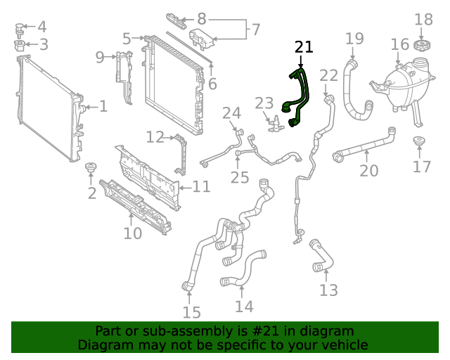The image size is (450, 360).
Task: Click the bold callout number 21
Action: tap(303, 47)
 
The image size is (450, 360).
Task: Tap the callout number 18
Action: tap(423, 20)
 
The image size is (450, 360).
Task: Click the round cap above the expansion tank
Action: tap(423, 46)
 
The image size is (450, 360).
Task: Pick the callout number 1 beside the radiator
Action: tap(103, 107)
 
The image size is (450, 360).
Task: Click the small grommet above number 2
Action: tap(90, 168)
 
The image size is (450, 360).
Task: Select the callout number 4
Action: tap(41, 27)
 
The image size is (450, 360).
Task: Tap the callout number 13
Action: tap(328, 290)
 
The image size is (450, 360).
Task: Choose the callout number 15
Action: tap(191, 313)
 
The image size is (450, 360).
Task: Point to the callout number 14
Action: tap(244, 307)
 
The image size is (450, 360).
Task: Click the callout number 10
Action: tap(132, 233)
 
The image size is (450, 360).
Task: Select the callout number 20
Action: tap(369, 170)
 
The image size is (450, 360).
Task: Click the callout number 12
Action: tap(155, 136)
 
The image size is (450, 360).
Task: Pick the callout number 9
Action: tap(100, 56)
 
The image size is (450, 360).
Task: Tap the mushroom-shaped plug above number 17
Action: tap(420, 143)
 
